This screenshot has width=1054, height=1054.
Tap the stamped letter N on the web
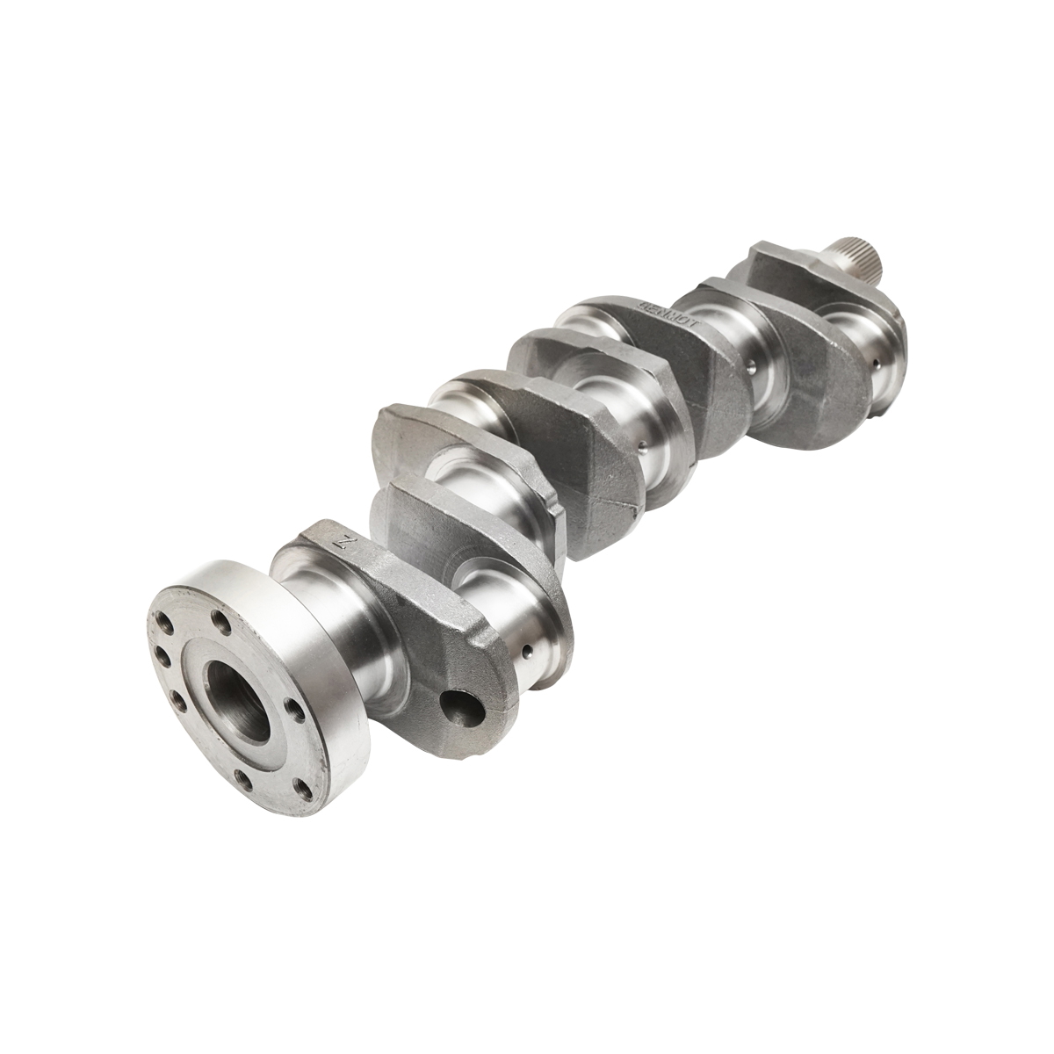(345, 543)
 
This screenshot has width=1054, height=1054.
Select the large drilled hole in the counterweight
(463, 707)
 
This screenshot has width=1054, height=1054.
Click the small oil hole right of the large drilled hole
(525, 652)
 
